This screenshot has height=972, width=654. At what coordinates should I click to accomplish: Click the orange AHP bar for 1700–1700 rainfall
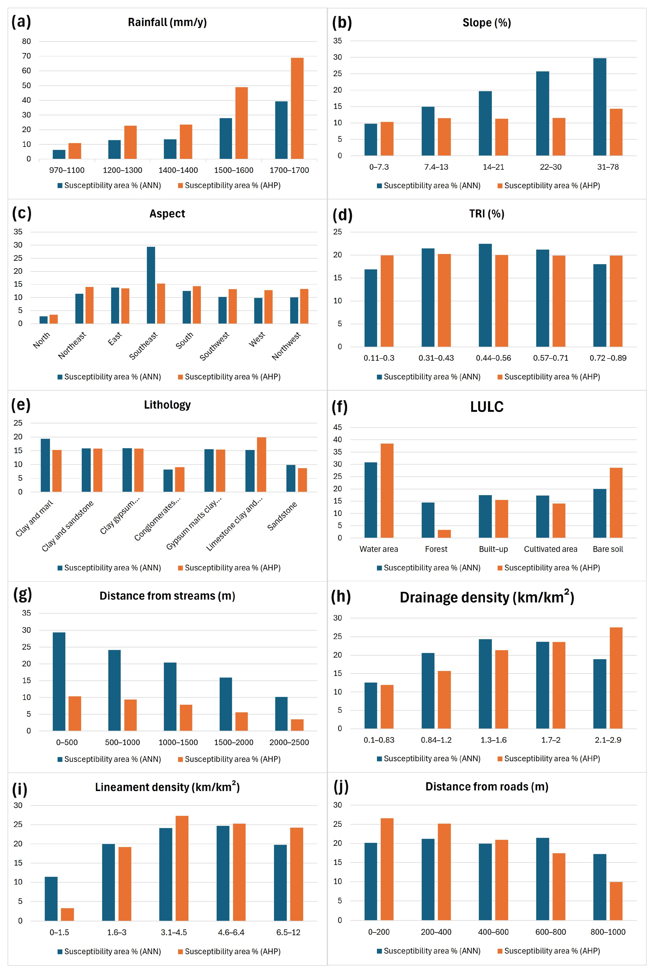point(297,108)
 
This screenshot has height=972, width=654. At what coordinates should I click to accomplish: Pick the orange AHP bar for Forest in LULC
point(444,534)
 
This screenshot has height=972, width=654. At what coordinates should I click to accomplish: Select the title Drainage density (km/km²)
point(487,597)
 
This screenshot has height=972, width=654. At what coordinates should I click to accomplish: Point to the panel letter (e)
point(21,404)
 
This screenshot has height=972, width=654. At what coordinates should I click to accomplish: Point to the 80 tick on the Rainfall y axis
point(26,41)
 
